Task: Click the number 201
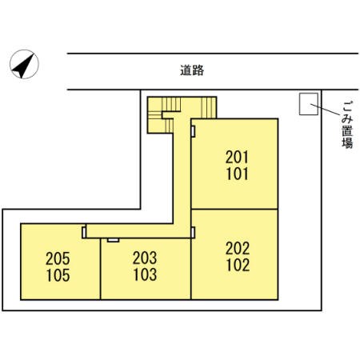tap(237, 157)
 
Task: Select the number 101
tap(237, 174)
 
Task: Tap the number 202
tap(238, 248)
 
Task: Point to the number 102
tap(238, 265)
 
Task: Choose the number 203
tap(145, 258)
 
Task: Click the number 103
tap(145, 274)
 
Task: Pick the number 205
tap(58, 258)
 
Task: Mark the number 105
tap(58, 275)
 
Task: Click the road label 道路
tap(192, 70)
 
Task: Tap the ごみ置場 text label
tap(347, 125)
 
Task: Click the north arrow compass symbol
tap(24, 64)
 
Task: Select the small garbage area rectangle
tap(309, 104)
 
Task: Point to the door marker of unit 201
tap(193, 131)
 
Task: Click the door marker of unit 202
tap(193, 232)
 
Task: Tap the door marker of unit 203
tap(113, 240)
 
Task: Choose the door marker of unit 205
tap(84, 233)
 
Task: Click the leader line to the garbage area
tap(326, 110)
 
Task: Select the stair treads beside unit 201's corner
tap(209, 107)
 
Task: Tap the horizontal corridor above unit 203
tap(138, 230)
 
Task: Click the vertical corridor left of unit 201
tap(182, 170)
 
